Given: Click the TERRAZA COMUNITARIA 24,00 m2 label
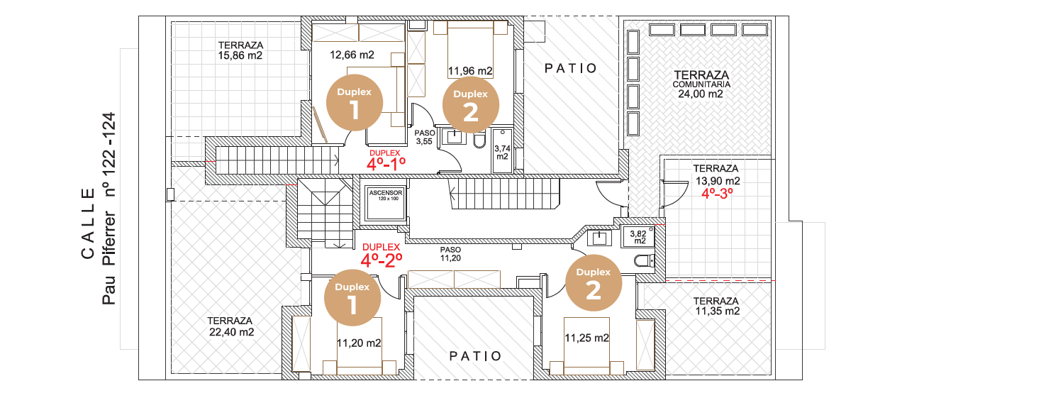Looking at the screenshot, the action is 701,84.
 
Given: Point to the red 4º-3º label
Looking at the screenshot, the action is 717,194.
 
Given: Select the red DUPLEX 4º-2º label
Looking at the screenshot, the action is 382,255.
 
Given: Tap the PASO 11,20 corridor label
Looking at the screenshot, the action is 450,254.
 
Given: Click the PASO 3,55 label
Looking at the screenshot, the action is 424,137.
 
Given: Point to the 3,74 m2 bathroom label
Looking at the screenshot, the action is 502,153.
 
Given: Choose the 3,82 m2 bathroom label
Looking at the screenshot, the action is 638,237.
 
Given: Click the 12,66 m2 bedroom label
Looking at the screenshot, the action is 352,55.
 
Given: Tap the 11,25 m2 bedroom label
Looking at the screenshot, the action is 586,338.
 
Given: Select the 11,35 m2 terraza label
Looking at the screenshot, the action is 716,306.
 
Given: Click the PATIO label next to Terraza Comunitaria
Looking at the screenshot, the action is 570,68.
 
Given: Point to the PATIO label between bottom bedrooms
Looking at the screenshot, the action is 476,356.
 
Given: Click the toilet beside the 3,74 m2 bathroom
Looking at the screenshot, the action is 479,140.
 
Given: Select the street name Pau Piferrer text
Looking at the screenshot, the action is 108,258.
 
